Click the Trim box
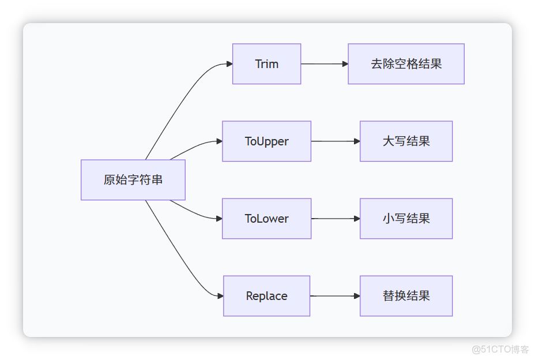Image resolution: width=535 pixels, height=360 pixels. (266, 64)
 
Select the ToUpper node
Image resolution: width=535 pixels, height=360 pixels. (266, 141)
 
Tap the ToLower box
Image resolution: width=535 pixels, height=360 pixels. (266, 219)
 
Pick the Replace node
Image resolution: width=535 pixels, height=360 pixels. (266, 296)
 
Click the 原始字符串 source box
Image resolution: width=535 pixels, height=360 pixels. (133, 180)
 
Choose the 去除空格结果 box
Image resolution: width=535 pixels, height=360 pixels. (406, 64)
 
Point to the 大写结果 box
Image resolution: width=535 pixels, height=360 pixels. (406, 141)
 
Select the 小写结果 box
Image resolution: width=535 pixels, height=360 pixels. (406, 219)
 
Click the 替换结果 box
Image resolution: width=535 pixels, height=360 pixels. (406, 296)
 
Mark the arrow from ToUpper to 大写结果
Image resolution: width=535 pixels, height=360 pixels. (334, 141)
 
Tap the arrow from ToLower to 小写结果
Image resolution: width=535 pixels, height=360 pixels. (334, 219)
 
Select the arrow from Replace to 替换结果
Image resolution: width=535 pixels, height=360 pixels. (334, 296)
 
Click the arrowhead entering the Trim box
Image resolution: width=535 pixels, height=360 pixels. (229, 64)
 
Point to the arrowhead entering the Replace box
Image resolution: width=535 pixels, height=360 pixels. (220, 296)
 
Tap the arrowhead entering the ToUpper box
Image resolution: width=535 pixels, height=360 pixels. (218, 141)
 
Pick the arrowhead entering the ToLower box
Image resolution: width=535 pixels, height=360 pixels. (218, 219)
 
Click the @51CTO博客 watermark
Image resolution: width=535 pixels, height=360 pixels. (500, 348)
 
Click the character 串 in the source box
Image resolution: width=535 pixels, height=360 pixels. (156, 180)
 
